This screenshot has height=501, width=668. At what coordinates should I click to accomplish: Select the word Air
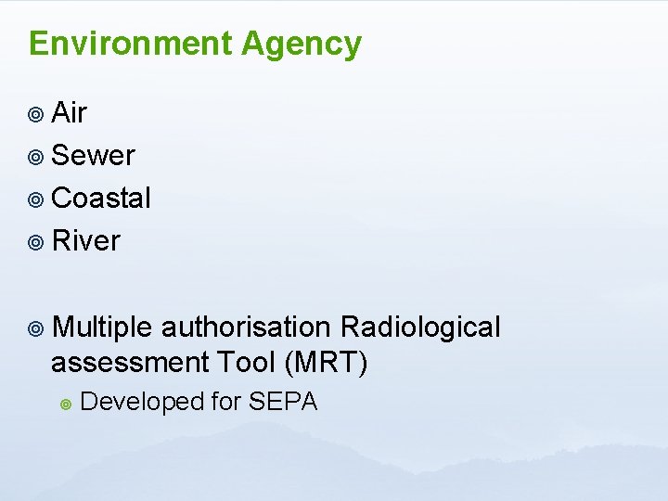tap(70, 113)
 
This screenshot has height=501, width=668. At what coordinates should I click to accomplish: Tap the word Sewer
tap(94, 156)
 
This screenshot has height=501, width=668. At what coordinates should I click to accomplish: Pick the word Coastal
tap(101, 198)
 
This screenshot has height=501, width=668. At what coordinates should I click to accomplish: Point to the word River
tap(86, 241)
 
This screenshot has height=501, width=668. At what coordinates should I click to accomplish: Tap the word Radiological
tap(420, 328)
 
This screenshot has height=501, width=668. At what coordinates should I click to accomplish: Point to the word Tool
tap(246, 363)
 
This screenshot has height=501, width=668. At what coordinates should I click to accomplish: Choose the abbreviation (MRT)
tap(328, 363)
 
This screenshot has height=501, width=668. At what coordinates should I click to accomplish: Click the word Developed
tap(142, 402)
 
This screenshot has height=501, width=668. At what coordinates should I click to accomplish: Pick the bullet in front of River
tap(35, 242)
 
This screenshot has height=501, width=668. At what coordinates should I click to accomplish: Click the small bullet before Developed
tap(65, 404)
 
